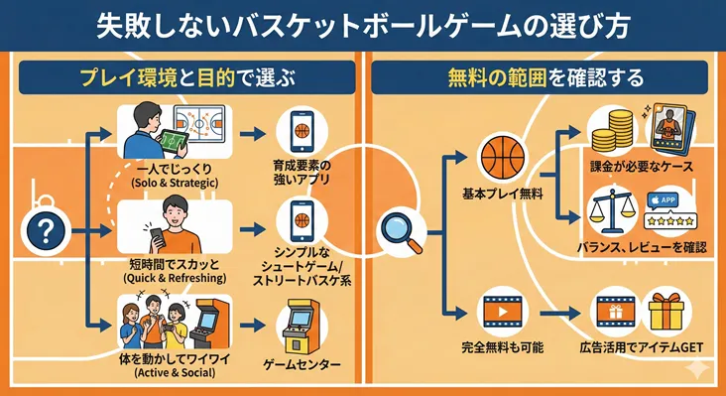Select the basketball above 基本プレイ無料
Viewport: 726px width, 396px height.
pos(501,157)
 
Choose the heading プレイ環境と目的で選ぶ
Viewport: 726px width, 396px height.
pos(184,77)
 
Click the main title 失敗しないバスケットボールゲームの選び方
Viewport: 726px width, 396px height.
pos(362,26)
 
